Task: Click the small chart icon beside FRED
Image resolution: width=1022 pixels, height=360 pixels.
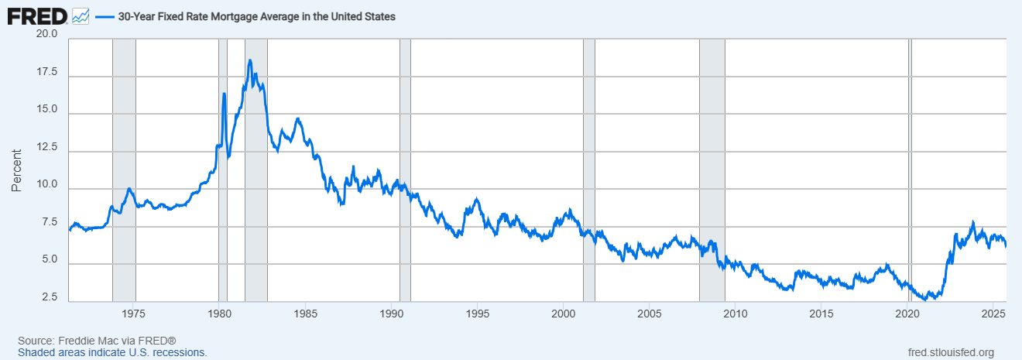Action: tap(81, 15)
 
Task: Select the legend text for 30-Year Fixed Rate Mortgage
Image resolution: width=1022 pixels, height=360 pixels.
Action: tap(256, 16)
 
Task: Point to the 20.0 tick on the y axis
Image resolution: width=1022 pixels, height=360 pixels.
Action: tap(46, 35)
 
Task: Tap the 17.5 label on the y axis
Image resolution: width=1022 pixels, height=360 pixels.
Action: tap(46, 73)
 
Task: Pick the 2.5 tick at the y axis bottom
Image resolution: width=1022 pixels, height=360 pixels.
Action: tap(50, 298)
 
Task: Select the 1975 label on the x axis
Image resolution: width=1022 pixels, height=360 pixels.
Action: tap(134, 314)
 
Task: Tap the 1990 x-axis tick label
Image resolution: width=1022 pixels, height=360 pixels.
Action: tap(392, 314)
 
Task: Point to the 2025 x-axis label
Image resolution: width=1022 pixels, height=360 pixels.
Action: tap(993, 314)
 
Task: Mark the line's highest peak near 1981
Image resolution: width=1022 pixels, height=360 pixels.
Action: tap(249, 60)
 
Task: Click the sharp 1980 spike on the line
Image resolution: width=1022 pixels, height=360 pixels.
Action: tap(224, 94)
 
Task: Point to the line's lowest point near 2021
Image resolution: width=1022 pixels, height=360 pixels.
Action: tap(924, 299)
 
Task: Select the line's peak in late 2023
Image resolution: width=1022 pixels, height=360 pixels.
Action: tap(973, 222)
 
